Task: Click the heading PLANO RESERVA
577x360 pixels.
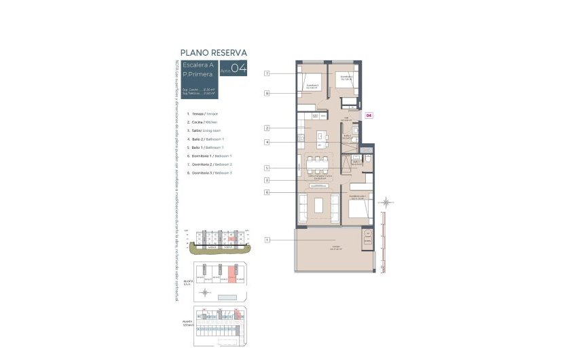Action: pos(213,52)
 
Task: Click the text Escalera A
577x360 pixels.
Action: pos(201,65)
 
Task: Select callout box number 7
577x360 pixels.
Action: pos(267,73)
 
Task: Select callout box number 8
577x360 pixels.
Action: pos(267,93)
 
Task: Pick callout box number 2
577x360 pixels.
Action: pos(267,128)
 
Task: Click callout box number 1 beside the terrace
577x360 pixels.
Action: pos(267,240)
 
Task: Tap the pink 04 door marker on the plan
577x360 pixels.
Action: pos(369,115)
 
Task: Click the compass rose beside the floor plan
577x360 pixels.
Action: pos(386,202)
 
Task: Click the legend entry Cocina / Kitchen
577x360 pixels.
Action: pos(204,122)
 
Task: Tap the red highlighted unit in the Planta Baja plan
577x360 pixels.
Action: pos(231,276)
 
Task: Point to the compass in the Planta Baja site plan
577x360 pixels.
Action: pos(206,292)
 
